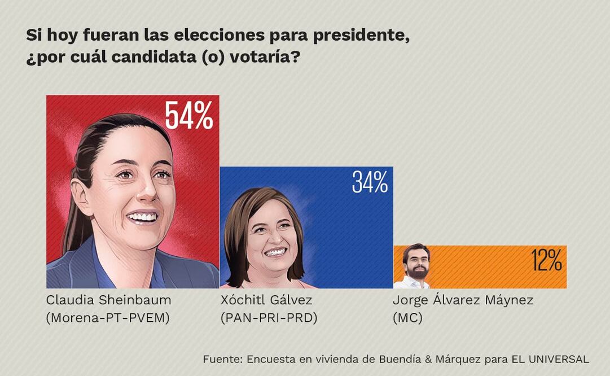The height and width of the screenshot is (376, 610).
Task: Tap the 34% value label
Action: pos(370,182)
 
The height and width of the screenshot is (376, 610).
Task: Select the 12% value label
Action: pos(546,261)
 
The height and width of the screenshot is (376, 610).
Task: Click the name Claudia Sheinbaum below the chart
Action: pos(108,300)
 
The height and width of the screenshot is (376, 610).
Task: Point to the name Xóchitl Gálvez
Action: pos(266,300)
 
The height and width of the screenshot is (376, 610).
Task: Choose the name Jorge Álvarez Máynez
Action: pos(463,300)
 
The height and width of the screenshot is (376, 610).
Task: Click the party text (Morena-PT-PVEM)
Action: pos(108,318)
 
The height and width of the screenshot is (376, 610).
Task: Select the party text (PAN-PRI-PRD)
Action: pos(269,318)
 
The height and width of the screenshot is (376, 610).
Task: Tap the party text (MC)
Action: pos(407,318)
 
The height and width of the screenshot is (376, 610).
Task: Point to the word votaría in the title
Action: pos(260,58)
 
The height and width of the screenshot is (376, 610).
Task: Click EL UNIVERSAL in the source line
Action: pos(550,359)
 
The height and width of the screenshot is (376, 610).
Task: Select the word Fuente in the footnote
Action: pos(222,359)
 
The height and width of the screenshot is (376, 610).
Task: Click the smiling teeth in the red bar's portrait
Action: pos(142,216)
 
